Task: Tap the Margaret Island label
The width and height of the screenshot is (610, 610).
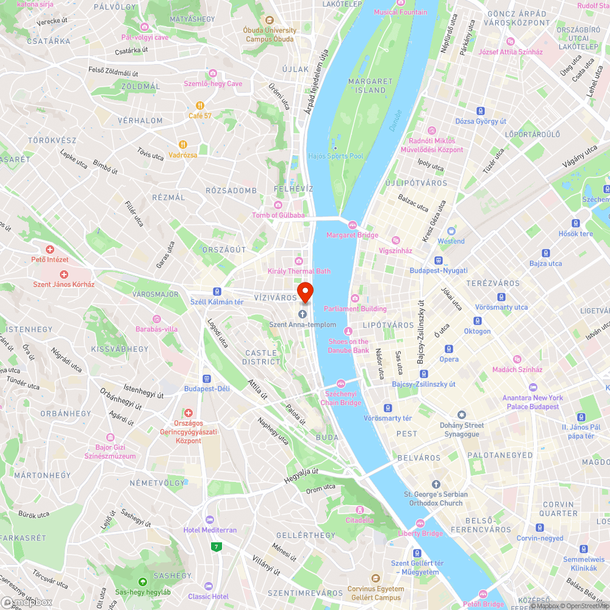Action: click(370, 85)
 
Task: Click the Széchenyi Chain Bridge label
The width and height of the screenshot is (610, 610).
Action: click(341, 398)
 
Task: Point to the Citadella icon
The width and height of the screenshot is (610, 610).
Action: click(359, 509)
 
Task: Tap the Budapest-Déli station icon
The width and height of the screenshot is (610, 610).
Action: click(206, 378)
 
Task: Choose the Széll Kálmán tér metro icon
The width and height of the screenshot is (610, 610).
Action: click(217, 291)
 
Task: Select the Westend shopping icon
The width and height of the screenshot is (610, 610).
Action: click(451, 231)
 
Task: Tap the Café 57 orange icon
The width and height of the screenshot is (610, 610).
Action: click(199, 105)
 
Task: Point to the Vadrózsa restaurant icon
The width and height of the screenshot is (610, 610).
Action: click(182, 145)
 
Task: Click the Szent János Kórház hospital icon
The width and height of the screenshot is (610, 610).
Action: click(63, 274)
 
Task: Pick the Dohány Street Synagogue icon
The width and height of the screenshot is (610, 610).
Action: click(462, 415)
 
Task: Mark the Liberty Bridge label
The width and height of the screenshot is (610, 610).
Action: click(420, 533)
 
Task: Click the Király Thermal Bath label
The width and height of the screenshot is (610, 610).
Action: click(299, 271)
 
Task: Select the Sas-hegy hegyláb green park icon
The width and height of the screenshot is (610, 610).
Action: click(143, 582)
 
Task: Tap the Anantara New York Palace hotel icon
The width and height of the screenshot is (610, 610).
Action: click(533, 387)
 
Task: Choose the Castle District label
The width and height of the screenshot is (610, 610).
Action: click(262, 357)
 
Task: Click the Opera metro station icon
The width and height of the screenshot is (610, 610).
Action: click(449, 349)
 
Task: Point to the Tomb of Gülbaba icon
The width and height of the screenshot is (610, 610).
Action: click(278, 205)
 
